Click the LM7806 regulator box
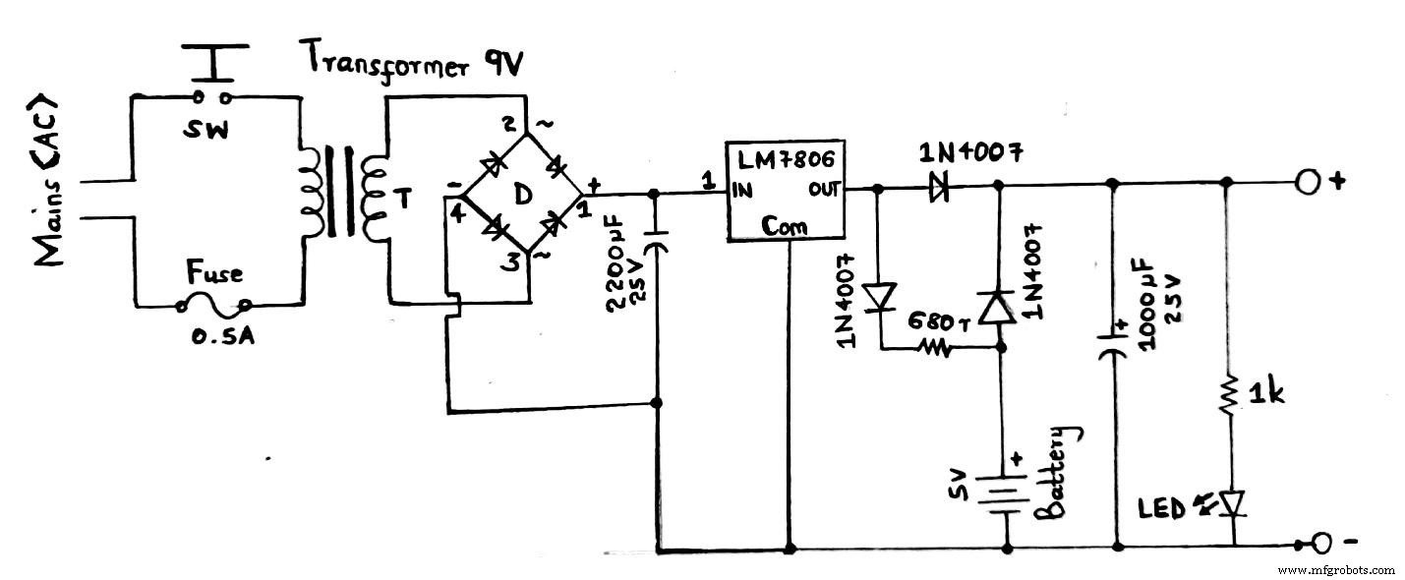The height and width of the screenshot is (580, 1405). (786, 190)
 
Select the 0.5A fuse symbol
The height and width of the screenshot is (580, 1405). (213, 306)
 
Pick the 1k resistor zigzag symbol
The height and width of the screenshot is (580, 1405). (1228, 393)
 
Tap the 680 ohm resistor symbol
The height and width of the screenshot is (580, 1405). (932, 346)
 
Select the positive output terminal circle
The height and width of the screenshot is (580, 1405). (1307, 183)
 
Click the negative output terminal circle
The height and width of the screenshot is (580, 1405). (1320, 544)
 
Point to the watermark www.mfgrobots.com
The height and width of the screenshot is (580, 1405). (1338, 569)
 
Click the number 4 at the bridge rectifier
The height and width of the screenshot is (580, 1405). (455, 210)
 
